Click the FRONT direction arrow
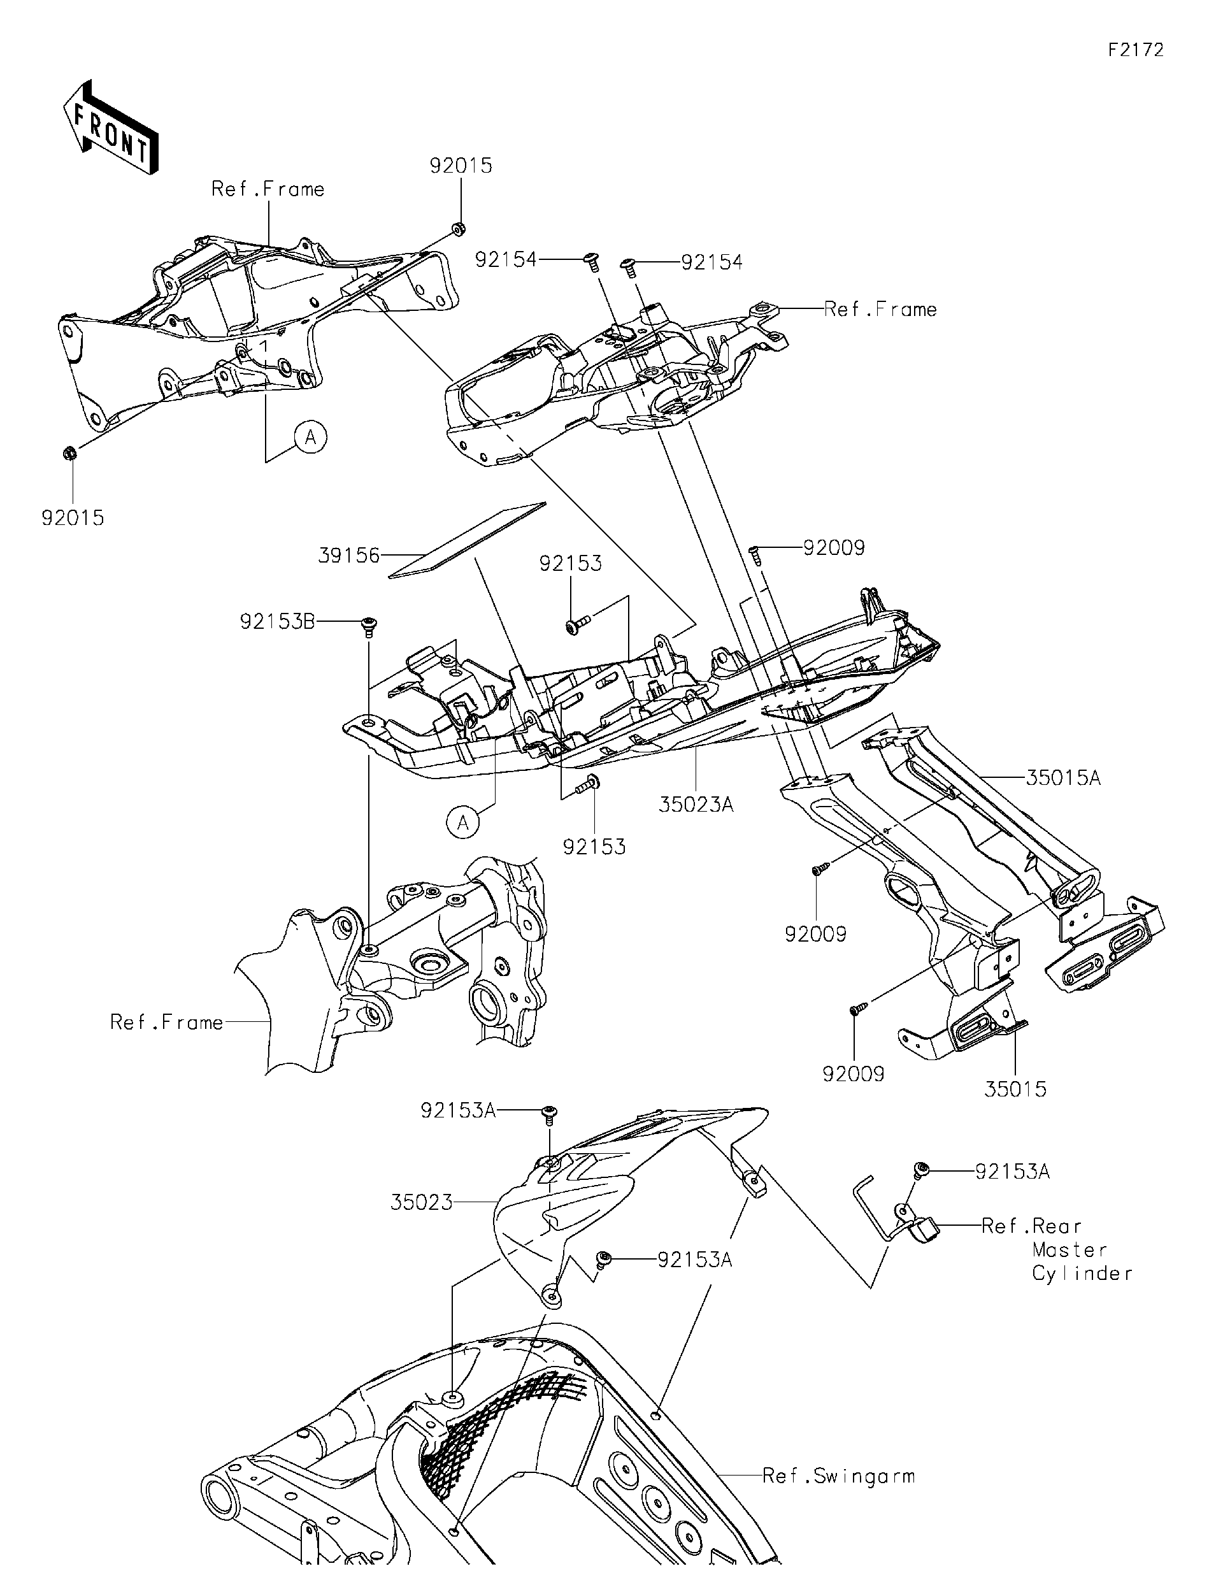(111, 128)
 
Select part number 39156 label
(348, 556)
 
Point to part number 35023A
(696, 804)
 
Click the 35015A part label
(1063, 778)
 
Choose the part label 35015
(1015, 1089)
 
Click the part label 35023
(422, 1202)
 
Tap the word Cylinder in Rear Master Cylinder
(1082, 1274)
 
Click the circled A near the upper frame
(311, 437)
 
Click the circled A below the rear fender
(463, 822)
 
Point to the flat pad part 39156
(467, 540)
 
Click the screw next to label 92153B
(369, 626)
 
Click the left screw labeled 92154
(592, 261)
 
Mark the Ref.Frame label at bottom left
(166, 1023)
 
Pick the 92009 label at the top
(834, 548)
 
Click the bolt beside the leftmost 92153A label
(550, 1115)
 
